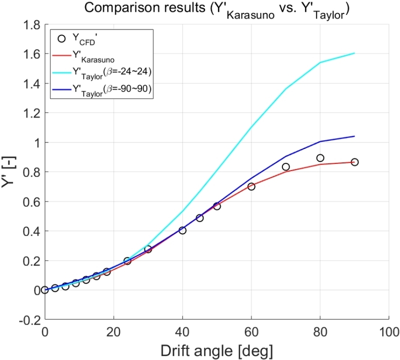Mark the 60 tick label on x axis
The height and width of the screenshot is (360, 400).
point(251,331)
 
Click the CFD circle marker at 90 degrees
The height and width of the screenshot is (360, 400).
point(354,162)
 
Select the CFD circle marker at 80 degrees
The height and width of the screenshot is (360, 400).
point(320,158)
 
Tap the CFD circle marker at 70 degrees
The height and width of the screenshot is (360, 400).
point(285,166)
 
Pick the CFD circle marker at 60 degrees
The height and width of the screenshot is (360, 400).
point(251,186)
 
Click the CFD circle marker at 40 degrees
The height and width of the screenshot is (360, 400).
point(182,230)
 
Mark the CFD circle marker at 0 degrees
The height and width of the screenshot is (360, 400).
point(45,290)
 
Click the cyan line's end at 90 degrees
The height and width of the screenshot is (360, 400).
point(354,53)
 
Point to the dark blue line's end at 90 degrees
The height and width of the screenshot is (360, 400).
point(354,136)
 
